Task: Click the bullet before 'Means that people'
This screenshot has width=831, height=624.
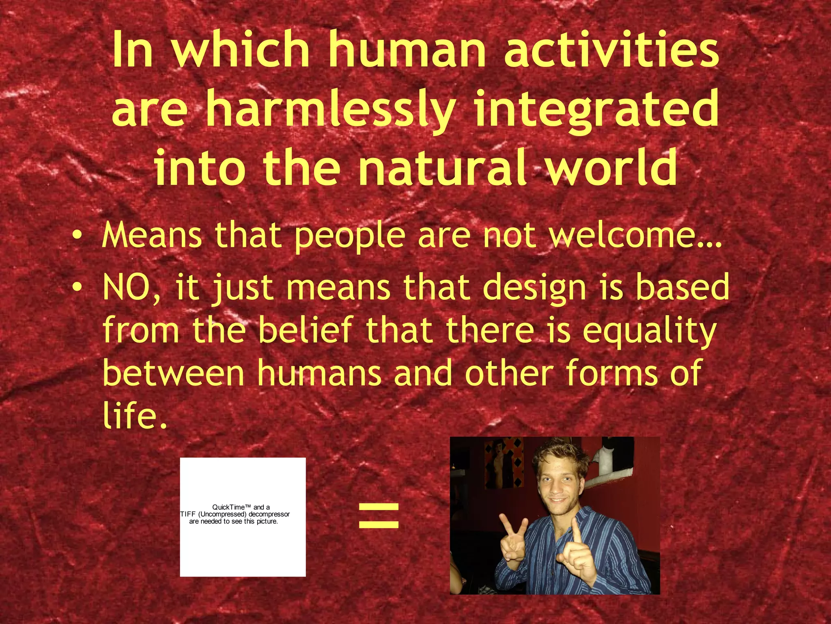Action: click(x=77, y=237)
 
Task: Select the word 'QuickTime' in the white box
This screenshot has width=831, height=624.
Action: click(x=228, y=507)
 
